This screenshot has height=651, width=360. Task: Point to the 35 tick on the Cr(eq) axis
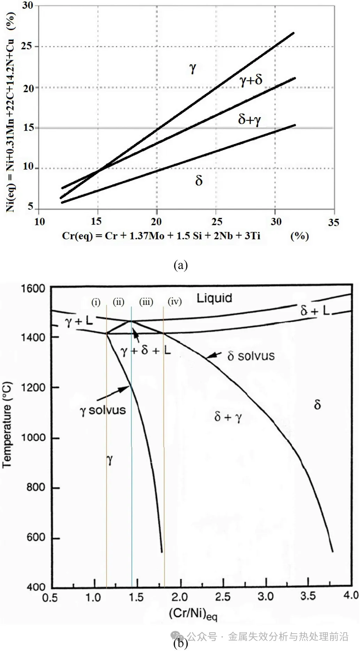pos(333,222)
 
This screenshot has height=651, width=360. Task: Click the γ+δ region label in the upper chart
pos(251,80)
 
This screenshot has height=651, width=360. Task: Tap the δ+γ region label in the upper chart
pos(249,120)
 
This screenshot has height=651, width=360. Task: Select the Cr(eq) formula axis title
pos(161,236)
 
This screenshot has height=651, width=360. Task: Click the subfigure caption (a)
pos(180,265)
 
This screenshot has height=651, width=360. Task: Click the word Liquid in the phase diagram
pos(214,298)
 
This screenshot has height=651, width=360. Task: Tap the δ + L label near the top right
pos(315,311)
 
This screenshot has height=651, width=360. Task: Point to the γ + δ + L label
pos(146,350)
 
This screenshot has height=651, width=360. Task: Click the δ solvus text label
pos(251,356)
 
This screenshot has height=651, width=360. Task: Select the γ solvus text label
pos(103,410)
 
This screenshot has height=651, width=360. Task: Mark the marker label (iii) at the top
pos(146,302)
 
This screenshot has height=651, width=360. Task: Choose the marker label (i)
pos(96,302)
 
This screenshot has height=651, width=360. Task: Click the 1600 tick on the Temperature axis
pos(33,288)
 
